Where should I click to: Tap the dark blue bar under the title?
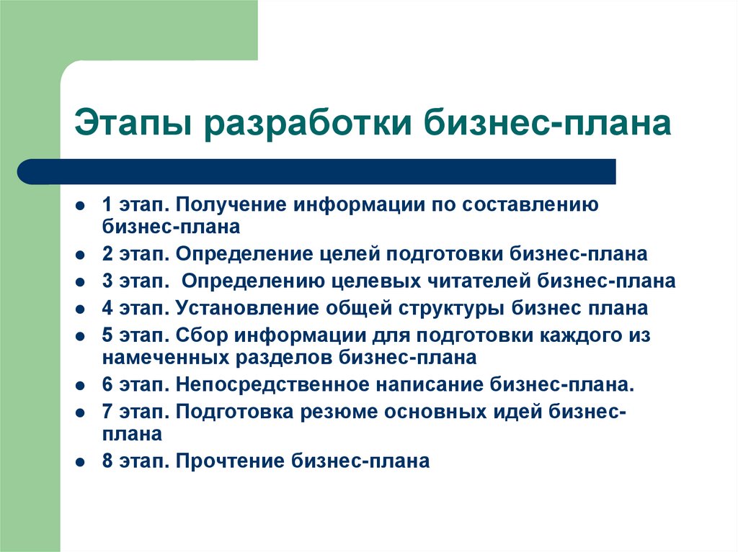(317, 171)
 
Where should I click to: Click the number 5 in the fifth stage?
(107, 336)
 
